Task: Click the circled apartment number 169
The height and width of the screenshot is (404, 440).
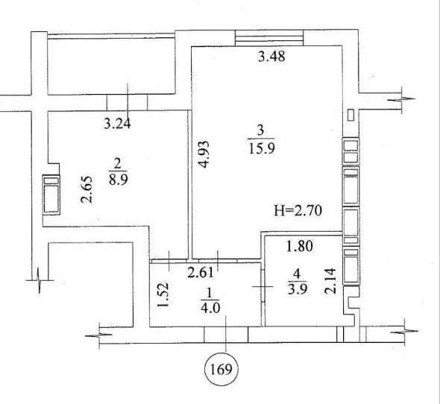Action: point(221,370)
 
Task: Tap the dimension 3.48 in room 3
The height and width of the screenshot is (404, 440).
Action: point(271,57)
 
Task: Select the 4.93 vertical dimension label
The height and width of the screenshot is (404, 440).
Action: point(204,154)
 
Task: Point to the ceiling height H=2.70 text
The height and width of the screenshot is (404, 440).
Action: point(298,210)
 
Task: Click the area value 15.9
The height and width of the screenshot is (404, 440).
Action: point(262,148)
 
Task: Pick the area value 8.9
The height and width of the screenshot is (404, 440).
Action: point(118,180)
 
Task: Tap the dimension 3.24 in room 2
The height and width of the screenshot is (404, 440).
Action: point(117,124)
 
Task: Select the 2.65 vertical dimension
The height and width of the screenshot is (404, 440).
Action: point(87,189)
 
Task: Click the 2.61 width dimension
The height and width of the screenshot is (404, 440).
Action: point(201,272)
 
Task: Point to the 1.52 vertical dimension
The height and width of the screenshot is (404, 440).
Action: point(163,295)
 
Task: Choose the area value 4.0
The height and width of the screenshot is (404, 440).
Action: point(210,308)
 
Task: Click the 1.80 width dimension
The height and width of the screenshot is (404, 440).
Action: point(299,246)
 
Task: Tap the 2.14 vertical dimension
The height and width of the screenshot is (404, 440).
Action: point(330,281)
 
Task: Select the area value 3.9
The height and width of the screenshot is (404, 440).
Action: point(297,288)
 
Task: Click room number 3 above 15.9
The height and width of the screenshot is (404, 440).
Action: point(260,130)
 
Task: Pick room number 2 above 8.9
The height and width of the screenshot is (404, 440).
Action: point(117,163)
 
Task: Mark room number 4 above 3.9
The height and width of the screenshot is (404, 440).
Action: point(297,274)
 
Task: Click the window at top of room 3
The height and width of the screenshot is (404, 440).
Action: point(269,37)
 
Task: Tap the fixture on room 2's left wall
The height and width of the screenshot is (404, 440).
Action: point(51,195)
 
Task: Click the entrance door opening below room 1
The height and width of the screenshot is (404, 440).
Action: point(226,335)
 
